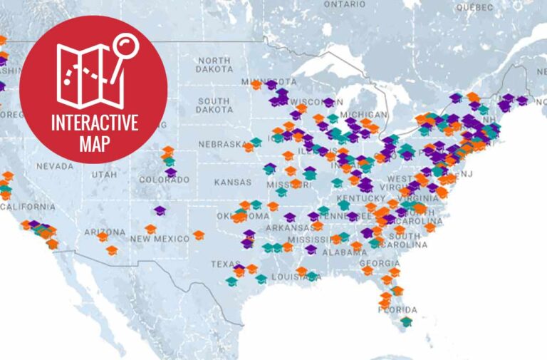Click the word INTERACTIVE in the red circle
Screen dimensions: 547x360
tap(94, 122)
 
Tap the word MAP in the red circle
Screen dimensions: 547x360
tap(94, 143)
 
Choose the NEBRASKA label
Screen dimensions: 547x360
tap(222, 143)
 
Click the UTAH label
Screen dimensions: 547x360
tap(105, 174)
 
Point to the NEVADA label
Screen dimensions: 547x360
tap(55, 165)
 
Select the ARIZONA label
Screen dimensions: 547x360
tap(106, 232)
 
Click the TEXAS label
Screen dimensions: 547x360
tap(225, 264)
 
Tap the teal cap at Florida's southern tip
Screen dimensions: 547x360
tap(406, 322)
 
